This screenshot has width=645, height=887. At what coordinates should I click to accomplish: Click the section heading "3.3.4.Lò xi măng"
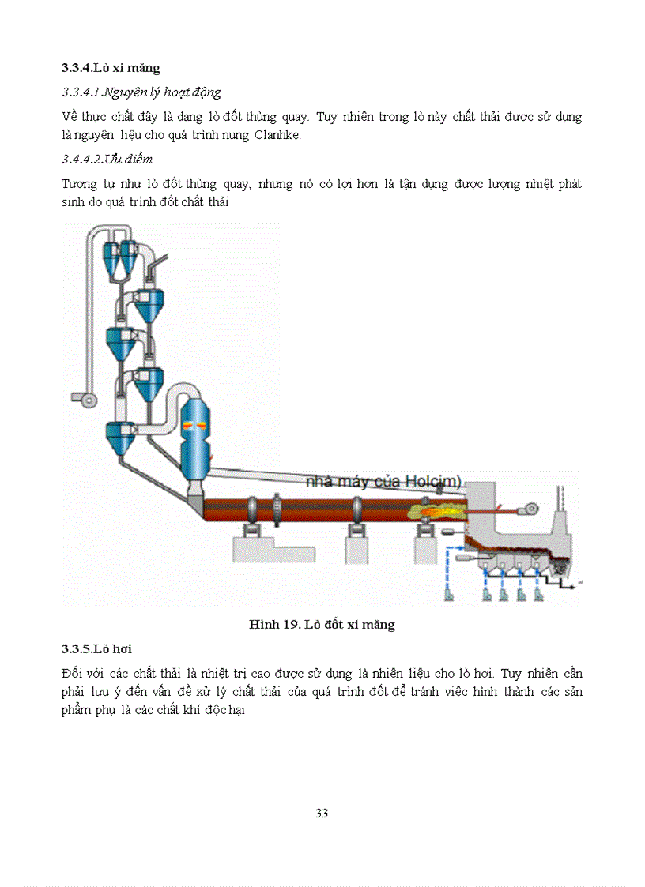[x=111, y=69]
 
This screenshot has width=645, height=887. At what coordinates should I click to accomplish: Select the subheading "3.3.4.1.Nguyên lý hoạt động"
[x=141, y=92]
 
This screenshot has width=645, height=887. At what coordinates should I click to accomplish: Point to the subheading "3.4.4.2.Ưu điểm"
[x=107, y=160]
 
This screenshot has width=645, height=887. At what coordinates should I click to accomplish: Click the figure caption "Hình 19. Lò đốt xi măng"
[x=322, y=625]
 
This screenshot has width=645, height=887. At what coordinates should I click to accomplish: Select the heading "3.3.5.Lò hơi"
[x=96, y=649]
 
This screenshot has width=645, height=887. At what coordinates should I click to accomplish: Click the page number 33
[x=322, y=813]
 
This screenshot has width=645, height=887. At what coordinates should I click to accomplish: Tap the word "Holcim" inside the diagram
[x=431, y=481]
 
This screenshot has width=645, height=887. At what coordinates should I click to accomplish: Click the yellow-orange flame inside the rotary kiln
[x=431, y=512]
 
